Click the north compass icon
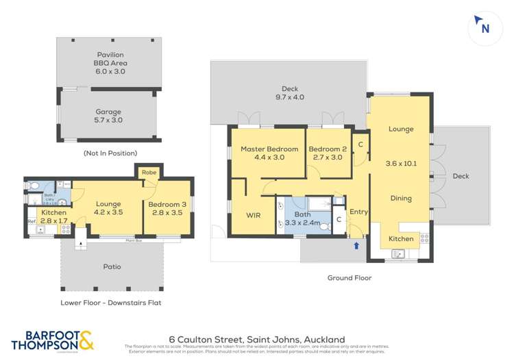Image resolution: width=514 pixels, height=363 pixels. coord(485,28)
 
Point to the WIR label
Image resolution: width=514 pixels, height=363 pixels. coord(253,215)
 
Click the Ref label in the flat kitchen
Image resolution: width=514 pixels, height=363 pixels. coord(31,221)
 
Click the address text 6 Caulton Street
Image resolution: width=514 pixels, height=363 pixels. coord(256,339)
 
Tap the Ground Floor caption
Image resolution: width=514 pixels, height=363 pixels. coord(349,278)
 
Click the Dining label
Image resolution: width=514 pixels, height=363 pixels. coord(401,199)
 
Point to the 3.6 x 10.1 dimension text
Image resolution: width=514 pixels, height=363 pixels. coord(402,163)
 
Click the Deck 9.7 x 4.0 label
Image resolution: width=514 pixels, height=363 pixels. coord(290,92)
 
